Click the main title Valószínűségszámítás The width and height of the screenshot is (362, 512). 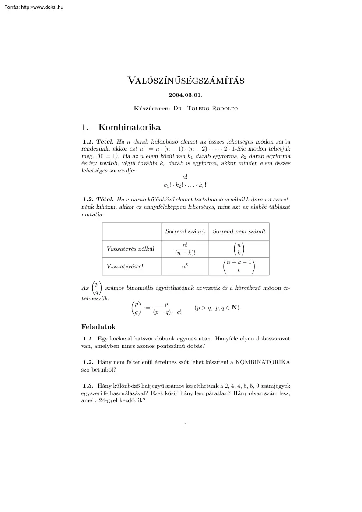click(186, 80)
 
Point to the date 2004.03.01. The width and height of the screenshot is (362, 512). click(186, 95)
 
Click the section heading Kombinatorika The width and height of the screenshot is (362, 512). click(130, 127)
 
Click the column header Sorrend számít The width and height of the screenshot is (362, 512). click(185, 231)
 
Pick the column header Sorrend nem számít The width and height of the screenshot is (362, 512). click(239, 231)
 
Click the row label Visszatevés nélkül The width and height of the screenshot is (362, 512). click(130, 249)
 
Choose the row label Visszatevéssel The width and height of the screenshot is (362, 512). click(125, 266)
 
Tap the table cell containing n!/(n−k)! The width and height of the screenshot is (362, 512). click(185, 249)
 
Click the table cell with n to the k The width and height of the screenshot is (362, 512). click(185, 266)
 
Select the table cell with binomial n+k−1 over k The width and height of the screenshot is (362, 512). click(239, 266)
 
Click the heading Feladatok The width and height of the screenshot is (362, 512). click(98, 327)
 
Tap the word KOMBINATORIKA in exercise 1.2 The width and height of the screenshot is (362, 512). click(263, 362)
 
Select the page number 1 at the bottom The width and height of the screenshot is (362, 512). click(186, 425)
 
